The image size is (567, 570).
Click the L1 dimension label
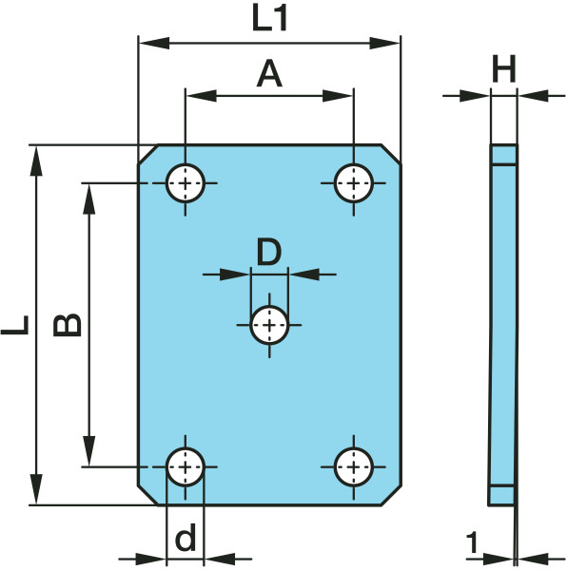pos(269,19)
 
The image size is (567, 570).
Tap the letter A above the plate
pos(269,74)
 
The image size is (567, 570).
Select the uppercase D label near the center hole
pos(269,251)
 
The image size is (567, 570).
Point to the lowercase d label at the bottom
pos(186,537)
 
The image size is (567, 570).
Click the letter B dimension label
pos(68,325)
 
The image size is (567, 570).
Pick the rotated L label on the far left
pos(15,325)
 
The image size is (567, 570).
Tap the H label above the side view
pos(503,68)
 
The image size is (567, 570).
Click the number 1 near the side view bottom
pos(472,542)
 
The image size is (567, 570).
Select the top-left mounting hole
pos(186,183)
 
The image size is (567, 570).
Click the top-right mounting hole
pos(354,183)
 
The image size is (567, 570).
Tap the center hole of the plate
pos(269,325)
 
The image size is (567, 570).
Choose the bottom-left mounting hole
pos(186,466)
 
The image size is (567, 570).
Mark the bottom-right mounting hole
pos(354,466)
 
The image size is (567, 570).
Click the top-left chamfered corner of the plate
pos(148,155)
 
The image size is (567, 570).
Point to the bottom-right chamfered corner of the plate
pos(391,495)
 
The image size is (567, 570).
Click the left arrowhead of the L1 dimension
pos(154,43)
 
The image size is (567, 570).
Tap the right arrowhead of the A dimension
pos(338,96)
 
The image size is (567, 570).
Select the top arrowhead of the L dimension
pos(36,161)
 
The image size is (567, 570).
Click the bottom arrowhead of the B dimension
pos(89,450)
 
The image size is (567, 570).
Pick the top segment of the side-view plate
pos(503,155)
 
